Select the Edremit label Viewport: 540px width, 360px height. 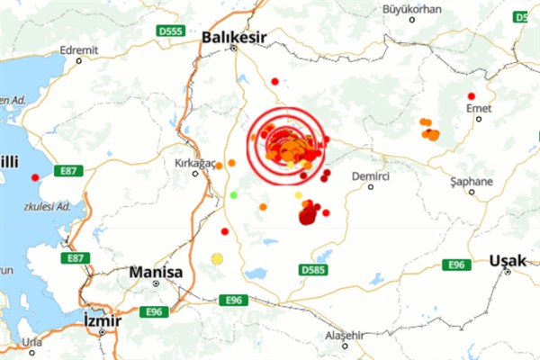click(x=78, y=50)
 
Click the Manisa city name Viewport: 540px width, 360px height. click(x=156, y=272)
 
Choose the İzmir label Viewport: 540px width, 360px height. click(x=100, y=320)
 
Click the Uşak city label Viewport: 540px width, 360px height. click(x=506, y=261)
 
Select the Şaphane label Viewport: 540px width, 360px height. click(x=472, y=181)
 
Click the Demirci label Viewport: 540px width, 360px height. click(x=371, y=175)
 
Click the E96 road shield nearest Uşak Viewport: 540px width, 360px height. click(x=454, y=264)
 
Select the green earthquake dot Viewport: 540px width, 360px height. click(x=234, y=194)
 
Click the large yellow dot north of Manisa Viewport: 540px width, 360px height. click(x=216, y=259)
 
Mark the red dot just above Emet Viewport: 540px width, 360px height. click(x=471, y=95)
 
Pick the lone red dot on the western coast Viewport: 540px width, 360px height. click(x=35, y=177)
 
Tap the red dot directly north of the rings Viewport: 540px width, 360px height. click(x=274, y=81)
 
